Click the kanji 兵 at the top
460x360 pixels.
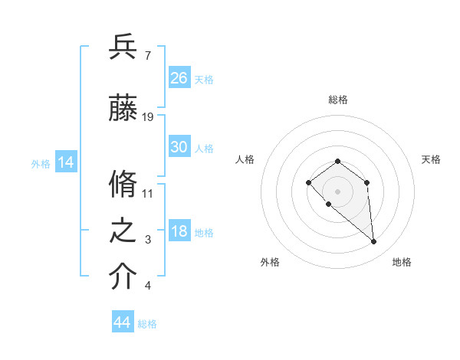123,47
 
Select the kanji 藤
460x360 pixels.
123,109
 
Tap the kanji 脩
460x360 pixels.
123,185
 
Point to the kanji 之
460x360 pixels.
123,231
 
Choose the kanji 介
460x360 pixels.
123,277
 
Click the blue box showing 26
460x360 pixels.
179,78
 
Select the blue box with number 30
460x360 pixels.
179,147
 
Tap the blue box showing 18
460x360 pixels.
179,232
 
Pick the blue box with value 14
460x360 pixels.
66,162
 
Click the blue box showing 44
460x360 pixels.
123,322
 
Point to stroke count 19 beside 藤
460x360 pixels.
148,117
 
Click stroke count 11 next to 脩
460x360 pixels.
148,193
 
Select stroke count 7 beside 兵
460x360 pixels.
147,56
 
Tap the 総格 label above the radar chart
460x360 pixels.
337,100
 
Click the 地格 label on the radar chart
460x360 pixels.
402,263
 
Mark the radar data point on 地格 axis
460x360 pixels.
374,242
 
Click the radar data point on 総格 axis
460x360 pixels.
337,161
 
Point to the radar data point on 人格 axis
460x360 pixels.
308,182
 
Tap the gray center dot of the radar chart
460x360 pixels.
337,191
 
